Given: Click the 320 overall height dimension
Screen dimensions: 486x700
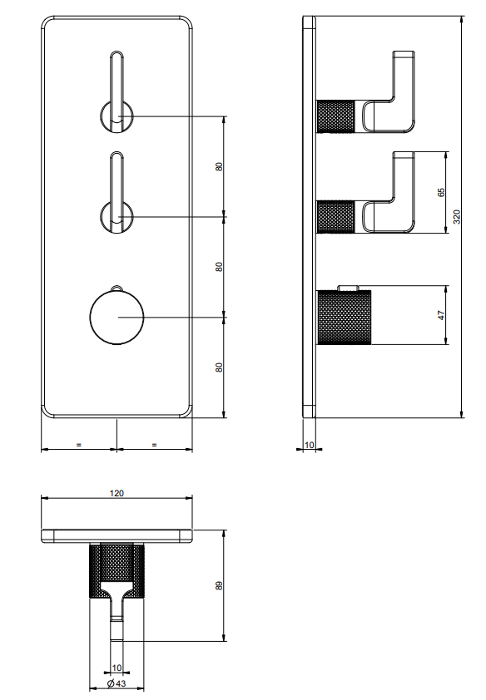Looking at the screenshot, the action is click(456, 216).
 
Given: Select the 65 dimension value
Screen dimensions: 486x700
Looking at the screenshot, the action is click(441, 192).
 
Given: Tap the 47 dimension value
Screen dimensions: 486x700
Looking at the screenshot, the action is click(441, 315).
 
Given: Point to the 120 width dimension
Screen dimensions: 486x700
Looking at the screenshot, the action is click(117, 493).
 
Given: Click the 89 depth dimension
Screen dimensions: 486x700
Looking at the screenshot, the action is click(219, 585).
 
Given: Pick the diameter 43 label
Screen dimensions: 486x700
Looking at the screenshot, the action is click(117, 683).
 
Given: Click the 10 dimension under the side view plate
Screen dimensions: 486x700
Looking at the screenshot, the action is click(309, 445).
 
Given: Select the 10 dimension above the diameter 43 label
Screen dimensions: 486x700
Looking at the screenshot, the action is click(117, 668).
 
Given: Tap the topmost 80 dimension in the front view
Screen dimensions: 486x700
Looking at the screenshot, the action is click(219, 166).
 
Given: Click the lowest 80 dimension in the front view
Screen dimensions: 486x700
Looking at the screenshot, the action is click(219, 367).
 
